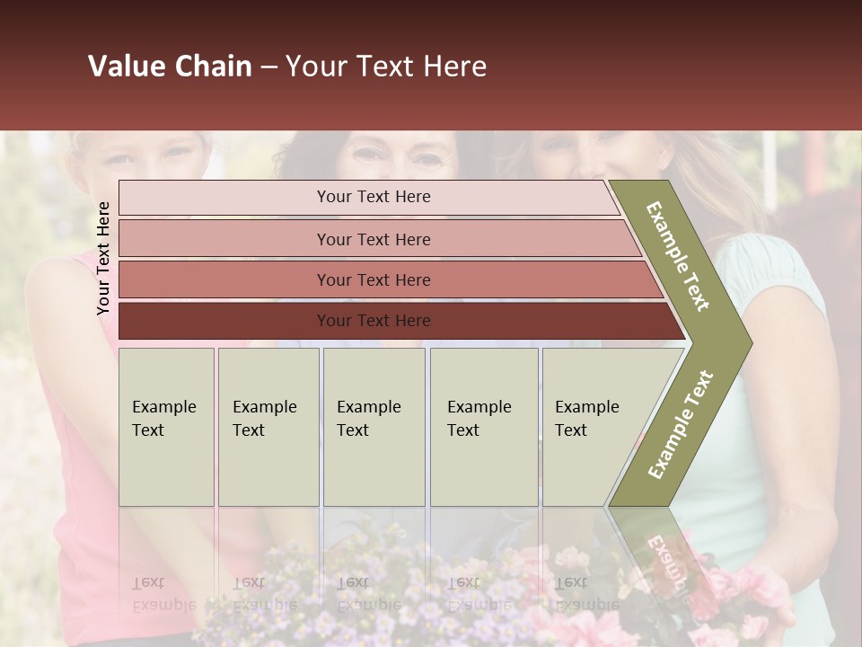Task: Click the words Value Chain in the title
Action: tap(170, 66)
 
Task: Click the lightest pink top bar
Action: tap(224, 198)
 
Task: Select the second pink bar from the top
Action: tap(224, 239)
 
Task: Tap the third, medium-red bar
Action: tap(224, 279)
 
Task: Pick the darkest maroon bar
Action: tap(224, 321)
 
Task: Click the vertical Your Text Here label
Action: tap(103, 258)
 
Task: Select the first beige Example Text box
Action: tap(166, 427)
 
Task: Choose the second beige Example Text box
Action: tap(268, 427)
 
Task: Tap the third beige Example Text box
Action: tap(374, 427)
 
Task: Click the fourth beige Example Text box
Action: tap(484, 427)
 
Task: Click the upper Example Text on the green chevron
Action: tap(678, 256)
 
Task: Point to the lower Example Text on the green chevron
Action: tap(681, 424)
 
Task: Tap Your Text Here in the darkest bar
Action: tap(374, 321)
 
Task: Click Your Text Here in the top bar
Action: tap(374, 197)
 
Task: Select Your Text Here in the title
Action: tap(386, 66)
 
